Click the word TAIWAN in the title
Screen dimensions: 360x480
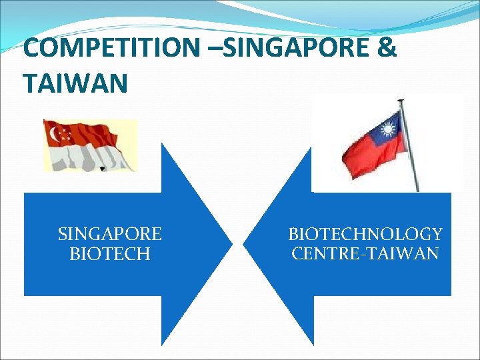click(x=75, y=83)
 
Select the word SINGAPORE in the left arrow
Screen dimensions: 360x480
click(x=110, y=234)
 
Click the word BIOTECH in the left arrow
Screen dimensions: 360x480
click(x=110, y=254)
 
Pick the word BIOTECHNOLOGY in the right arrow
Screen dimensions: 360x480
click(x=365, y=234)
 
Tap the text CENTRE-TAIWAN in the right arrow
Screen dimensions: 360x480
click(x=365, y=254)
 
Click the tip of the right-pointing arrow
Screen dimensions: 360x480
click(x=231, y=244)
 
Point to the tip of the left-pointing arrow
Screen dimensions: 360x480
click(x=245, y=244)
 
